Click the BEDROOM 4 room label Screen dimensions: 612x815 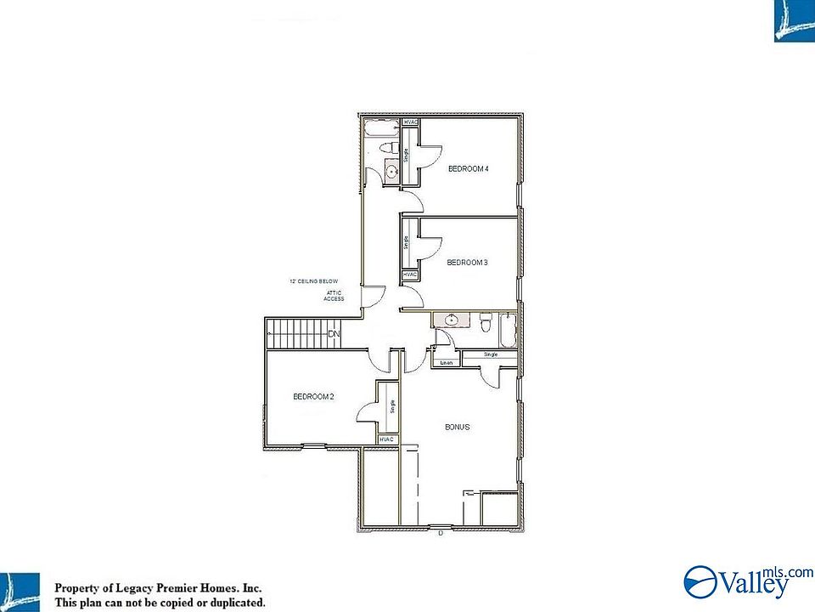468,169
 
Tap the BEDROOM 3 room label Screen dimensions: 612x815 467,263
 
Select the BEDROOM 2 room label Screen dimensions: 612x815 313,396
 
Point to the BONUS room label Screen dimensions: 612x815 458,427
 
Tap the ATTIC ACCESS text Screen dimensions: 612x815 334,296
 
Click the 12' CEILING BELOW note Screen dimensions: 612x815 314,281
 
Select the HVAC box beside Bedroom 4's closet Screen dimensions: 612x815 411,123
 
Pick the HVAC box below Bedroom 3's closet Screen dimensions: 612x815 410,275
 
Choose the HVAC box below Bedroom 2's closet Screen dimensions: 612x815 388,439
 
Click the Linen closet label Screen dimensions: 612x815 446,364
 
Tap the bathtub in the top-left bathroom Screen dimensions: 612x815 380,129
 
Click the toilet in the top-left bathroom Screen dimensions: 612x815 390,149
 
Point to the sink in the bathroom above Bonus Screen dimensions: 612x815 451,320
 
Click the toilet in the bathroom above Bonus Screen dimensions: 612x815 486,324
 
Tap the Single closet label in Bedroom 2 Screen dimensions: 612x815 392,406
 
